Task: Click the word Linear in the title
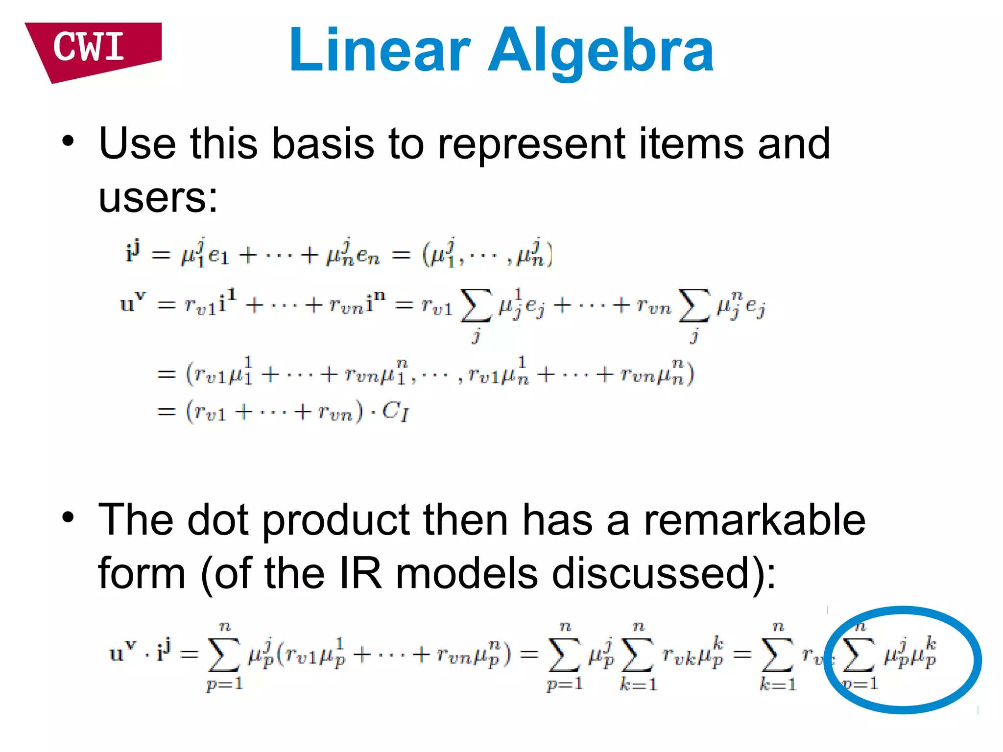pyautogui.click(x=380, y=50)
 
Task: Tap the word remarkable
pyautogui.click(x=754, y=520)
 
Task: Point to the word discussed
pyautogui.click(x=656, y=574)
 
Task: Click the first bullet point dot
pyautogui.click(x=68, y=142)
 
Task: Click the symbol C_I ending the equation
pyautogui.click(x=395, y=411)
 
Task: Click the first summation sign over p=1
pyautogui.click(x=224, y=655)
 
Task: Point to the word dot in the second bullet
pyautogui.click(x=218, y=520)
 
